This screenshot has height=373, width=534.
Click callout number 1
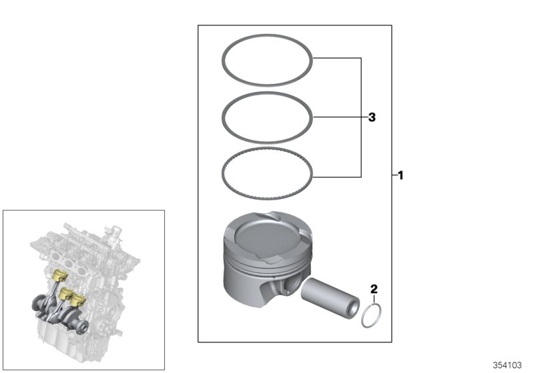tap(400, 177)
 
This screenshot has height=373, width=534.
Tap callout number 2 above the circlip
tap(374, 288)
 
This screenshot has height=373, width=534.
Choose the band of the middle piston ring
tap(267, 94)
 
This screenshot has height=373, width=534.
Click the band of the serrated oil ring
tap(267, 152)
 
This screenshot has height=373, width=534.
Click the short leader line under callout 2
tap(374, 299)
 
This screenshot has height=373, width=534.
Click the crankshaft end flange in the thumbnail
tap(83, 325)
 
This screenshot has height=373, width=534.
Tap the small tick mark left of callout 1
tap(393, 177)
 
